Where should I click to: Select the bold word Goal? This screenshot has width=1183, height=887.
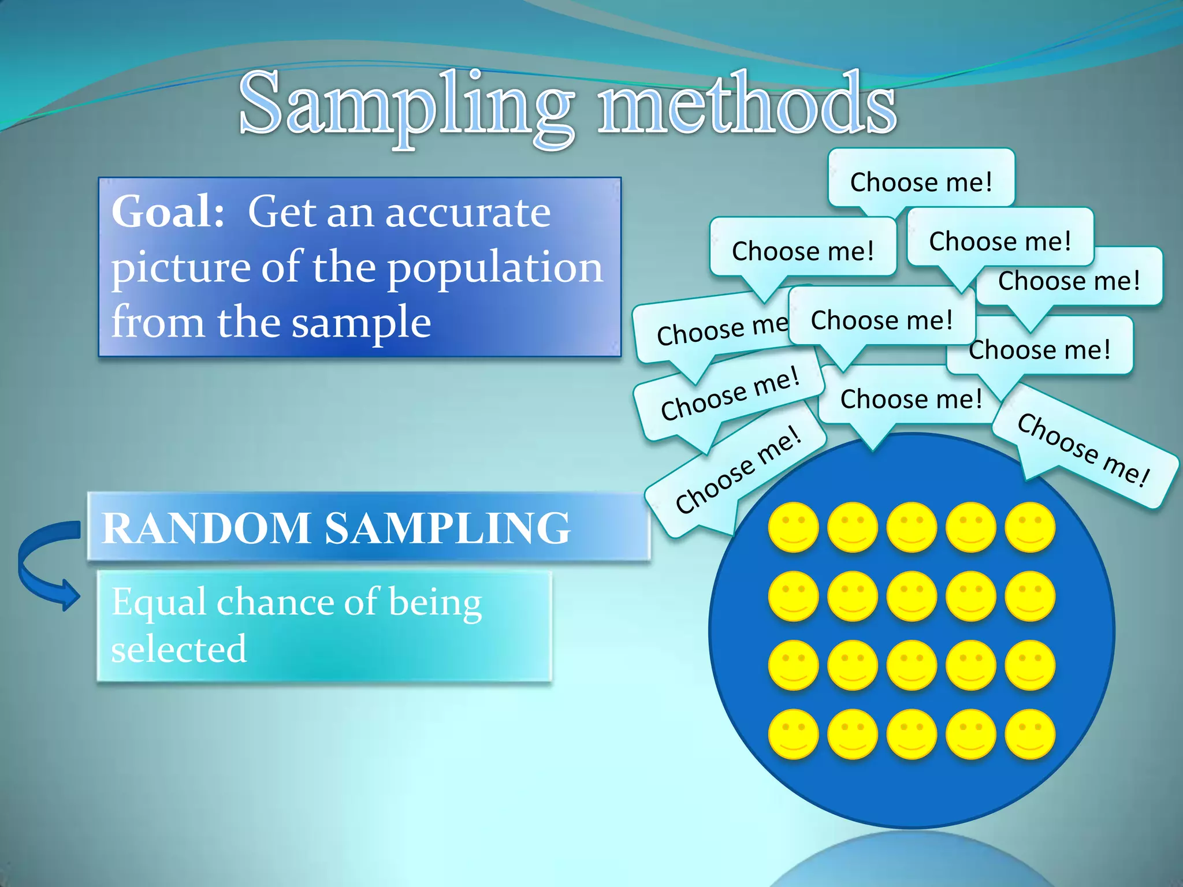coord(168,212)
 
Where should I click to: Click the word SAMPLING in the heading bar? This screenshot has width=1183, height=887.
coord(447,528)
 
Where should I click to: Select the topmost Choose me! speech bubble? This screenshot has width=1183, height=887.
coord(921,180)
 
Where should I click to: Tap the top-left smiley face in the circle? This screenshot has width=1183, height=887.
coord(793,527)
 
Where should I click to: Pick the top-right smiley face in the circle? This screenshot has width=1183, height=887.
coord(1030,527)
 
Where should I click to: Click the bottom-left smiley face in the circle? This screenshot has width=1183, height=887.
coord(793,734)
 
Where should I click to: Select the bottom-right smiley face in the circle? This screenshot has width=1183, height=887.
coord(1030,734)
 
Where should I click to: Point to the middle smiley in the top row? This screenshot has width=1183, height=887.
coord(912,527)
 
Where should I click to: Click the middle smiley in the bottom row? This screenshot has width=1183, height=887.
coord(912,734)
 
